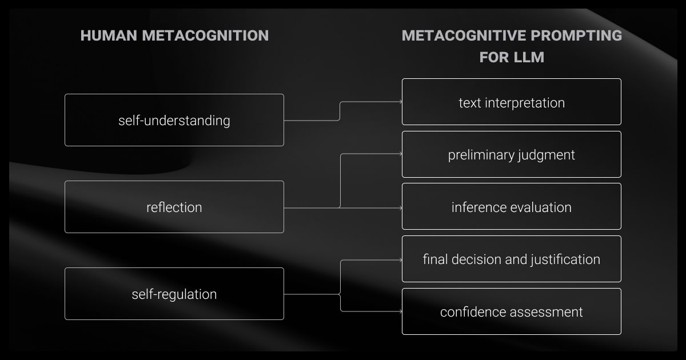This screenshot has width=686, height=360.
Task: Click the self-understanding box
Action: coord(174,120)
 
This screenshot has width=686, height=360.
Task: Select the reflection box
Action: coord(174,207)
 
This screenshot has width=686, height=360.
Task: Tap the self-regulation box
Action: coord(174,294)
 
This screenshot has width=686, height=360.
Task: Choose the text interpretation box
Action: coord(511,102)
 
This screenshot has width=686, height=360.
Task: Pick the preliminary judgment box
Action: coord(511,154)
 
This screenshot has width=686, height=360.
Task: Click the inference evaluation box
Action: coord(511,206)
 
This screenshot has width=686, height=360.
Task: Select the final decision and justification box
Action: coord(511,259)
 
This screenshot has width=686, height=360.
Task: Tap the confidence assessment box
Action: coord(511,311)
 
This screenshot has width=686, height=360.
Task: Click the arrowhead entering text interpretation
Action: coord(400,102)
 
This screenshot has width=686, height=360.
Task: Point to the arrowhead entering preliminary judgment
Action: coord(400,154)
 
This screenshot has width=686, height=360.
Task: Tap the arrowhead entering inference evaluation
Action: coord(400,208)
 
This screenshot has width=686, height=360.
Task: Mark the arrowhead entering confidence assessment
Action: coord(400,311)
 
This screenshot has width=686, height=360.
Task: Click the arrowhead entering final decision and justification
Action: coord(400,259)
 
